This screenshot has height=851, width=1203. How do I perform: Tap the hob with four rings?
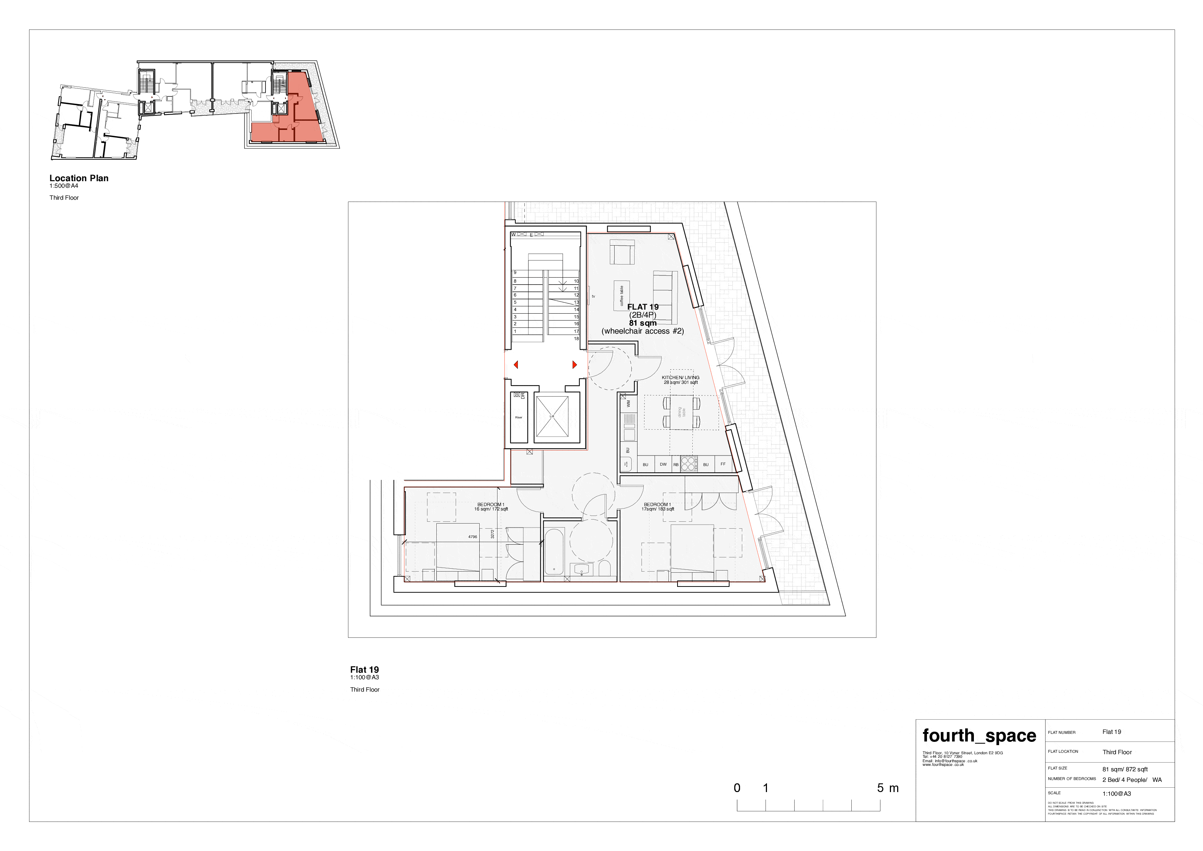pyautogui.click(x=688, y=464)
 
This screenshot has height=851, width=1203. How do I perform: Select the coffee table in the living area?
pyautogui.click(x=622, y=296)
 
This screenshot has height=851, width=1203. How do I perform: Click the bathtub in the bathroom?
pyautogui.click(x=554, y=552)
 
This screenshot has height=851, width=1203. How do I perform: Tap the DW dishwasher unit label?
pyautogui.click(x=663, y=464)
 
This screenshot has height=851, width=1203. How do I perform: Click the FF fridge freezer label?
pyautogui.click(x=723, y=464)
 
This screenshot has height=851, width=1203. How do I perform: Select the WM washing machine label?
pyautogui.click(x=628, y=403)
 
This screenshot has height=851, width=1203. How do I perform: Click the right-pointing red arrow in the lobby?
pyautogui.click(x=575, y=365)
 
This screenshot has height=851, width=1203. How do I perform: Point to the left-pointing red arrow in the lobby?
pyautogui.click(x=516, y=365)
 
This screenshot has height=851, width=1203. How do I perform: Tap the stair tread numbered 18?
pyautogui.click(x=576, y=339)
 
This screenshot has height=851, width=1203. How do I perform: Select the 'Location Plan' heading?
pyautogui.click(x=79, y=178)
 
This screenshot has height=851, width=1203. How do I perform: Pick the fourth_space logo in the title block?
pyautogui.click(x=979, y=736)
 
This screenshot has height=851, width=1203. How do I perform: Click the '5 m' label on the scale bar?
pyautogui.click(x=888, y=788)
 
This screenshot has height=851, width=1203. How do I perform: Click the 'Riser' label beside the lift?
pyautogui.click(x=519, y=417)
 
